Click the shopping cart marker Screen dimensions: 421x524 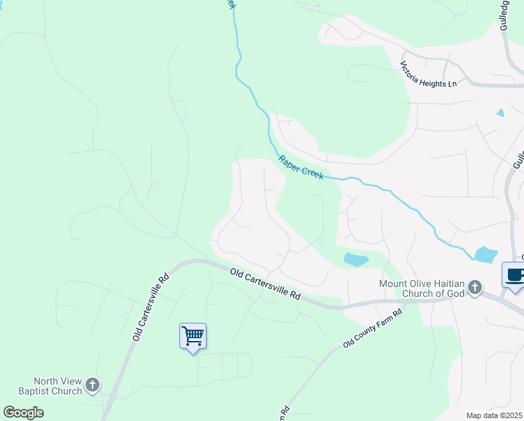(193, 335)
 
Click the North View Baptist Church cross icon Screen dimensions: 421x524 (92, 385)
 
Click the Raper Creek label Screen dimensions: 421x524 (301, 167)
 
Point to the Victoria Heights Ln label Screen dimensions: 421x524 (428, 74)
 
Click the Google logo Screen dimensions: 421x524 (23, 413)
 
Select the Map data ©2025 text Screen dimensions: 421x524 (495, 415)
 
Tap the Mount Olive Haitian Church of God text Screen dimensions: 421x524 (421, 288)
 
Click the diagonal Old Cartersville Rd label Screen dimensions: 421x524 (151, 307)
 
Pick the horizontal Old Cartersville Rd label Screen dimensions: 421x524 (266, 284)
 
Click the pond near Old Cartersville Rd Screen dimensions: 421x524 (356, 260)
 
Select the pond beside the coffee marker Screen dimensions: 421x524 (485, 254)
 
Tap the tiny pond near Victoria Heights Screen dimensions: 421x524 (499, 112)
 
